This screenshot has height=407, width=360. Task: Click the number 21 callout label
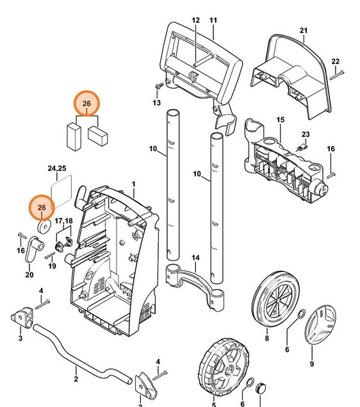coord(304,31)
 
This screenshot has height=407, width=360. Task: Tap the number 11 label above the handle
coord(213,20)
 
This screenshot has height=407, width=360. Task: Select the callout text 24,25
coord(57,169)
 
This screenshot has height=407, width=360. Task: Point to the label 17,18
coord(63,221)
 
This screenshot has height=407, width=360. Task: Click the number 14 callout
coord(196,257)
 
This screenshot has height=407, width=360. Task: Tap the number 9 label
coord(311,364)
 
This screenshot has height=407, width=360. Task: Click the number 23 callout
coord(306,134)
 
